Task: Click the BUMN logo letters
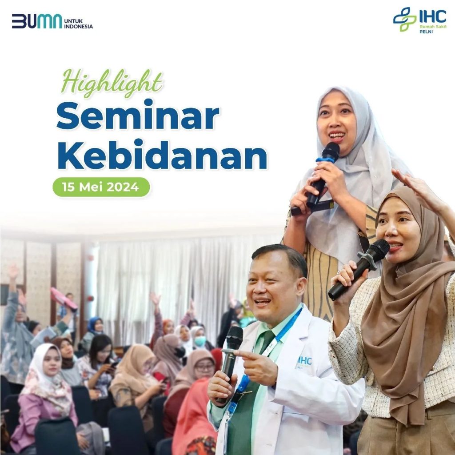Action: point(37,21)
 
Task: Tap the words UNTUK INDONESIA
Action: point(78,24)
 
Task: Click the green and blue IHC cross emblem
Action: point(404,19)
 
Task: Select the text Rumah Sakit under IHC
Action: point(433,27)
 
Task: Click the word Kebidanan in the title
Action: point(162,154)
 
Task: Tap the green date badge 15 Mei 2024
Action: point(101,187)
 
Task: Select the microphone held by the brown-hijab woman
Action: point(359,269)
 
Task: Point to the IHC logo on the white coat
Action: point(305,362)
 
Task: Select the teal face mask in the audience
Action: point(200,341)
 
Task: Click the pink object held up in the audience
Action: point(64,299)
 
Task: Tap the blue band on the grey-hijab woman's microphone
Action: point(325,160)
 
